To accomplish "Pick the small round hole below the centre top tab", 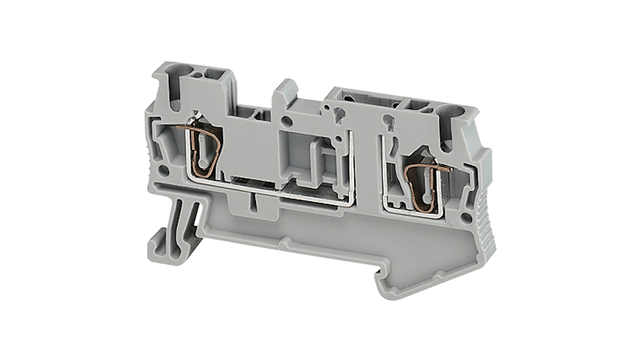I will coord(286,121).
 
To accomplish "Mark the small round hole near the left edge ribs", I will coord(164,171).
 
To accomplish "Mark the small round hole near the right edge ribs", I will coord(467,218).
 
